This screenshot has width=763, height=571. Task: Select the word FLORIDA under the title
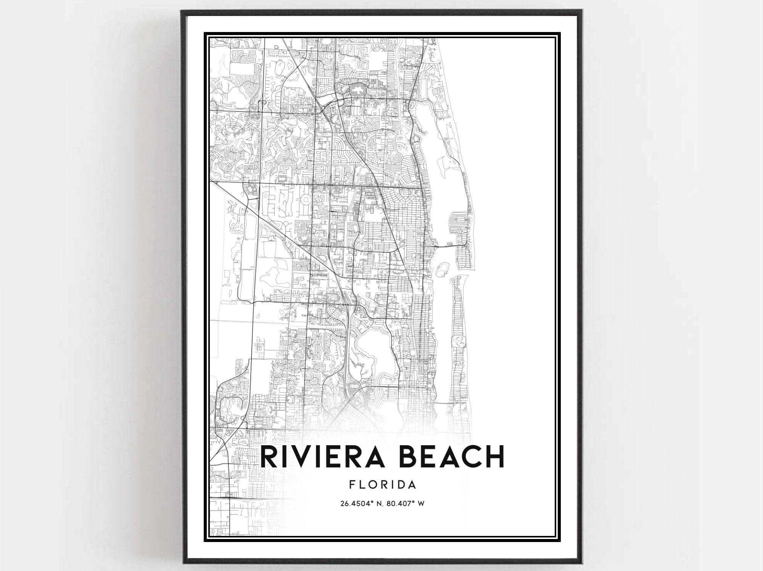tap(382, 485)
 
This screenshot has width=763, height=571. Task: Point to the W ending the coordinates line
tap(421, 504)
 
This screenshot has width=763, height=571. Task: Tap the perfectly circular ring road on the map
tap(305, 199)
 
